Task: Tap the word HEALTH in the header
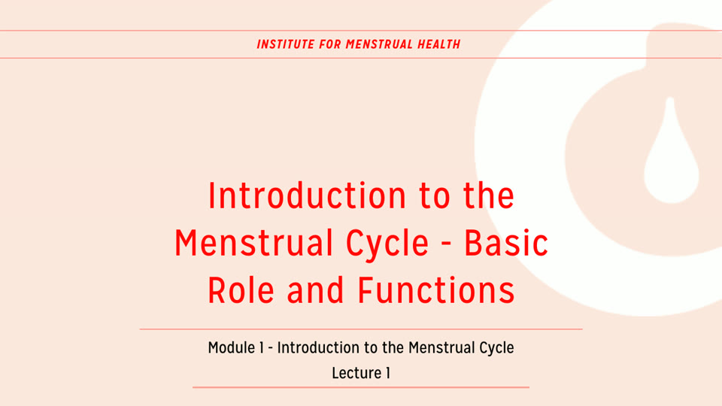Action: click(439, 44)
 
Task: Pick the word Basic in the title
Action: click(506, 243)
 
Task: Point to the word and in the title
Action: click(316, 290)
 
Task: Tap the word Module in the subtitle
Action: click(230, 348)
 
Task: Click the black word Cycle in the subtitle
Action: click(497, 348)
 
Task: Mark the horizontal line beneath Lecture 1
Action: click(361, 387)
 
